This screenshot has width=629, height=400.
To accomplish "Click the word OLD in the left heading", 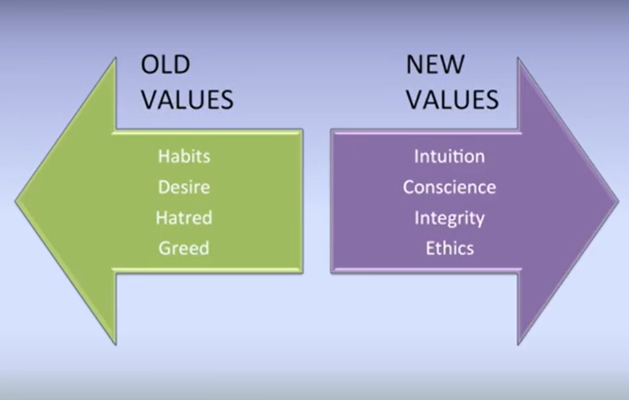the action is [165, 64].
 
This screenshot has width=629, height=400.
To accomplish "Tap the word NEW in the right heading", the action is [436, 64].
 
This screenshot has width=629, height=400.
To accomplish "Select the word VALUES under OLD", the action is [187, 99].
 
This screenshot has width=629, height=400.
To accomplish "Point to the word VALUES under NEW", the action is [453, 99].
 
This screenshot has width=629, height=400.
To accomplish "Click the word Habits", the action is [184, 156].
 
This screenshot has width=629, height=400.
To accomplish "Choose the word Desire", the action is [184, 187].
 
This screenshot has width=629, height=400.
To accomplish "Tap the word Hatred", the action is [184, 218].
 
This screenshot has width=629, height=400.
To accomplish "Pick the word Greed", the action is [184, 248].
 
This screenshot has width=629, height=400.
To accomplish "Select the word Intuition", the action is [450, 156].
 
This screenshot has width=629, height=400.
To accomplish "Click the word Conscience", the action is [450, 187].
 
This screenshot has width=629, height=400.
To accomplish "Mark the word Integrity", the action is [450, 218].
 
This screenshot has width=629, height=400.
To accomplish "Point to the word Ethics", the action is [450, 248].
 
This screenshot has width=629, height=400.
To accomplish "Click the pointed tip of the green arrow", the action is [16, 201].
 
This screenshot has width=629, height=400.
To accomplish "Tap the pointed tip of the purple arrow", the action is [618, 201].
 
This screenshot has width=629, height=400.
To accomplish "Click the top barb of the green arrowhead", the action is [115, 58].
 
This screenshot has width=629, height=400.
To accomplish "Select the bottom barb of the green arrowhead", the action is [115, 344].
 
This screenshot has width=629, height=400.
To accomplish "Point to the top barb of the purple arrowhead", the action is [518, 58].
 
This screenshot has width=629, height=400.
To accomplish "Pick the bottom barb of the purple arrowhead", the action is [518, 344].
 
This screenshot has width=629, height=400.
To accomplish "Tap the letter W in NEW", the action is [452, 64].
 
